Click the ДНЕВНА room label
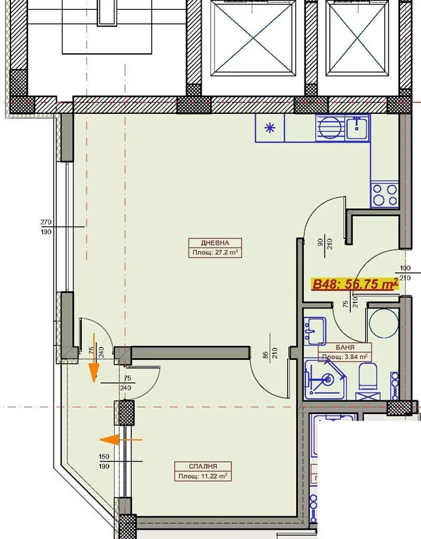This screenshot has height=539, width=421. coord(215,243)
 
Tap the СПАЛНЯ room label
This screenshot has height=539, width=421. coord(203,467)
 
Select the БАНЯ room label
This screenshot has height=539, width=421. coord(345,348)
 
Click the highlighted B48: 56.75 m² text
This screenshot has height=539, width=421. coord(355,284)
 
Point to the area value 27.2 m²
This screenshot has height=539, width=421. coord(227,253)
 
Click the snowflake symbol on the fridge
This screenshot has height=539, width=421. coord(270,128)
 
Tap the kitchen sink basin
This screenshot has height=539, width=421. coord(357,127)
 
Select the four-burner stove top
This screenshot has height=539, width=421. coord(384,195)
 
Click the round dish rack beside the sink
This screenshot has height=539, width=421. coord(330,128)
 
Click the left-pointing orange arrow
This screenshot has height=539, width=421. coord(120,439)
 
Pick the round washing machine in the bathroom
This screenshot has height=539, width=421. coord(383,323)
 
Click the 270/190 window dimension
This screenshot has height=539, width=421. coord(46,227)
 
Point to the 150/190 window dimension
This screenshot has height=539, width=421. coord(104,462)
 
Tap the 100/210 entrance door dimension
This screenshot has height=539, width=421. coord(405,273)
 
